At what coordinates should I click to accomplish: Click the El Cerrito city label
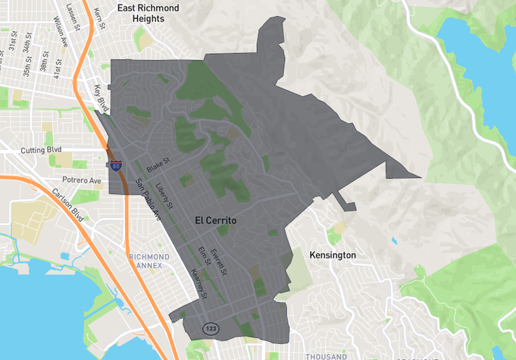(x=215, y=221)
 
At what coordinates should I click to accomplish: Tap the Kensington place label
(x=332, y=255)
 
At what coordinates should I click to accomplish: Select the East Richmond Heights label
(x=149, y=13)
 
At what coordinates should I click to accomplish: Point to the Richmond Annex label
(x=149, y=261)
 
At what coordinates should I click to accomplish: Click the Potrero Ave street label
(x=82, y=180)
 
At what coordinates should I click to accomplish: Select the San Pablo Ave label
(x=149, y=199)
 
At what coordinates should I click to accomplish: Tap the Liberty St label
(x=164, y=196)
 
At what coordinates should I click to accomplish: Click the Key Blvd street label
(x=101, y=99)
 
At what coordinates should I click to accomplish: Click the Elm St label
(x=203, y=255)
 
